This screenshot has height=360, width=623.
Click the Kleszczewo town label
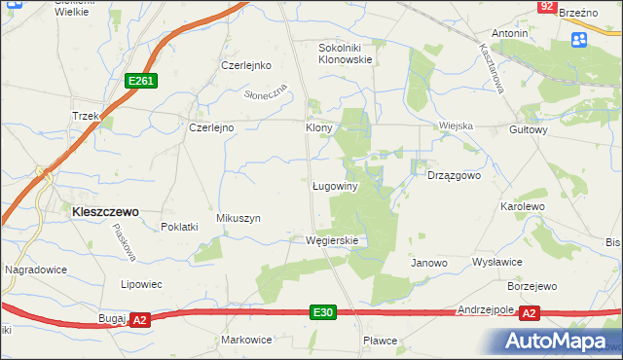click(x=103, y=210)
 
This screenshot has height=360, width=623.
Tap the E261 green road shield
click(x=141, y=82)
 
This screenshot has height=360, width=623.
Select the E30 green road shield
click(x=324, y=312)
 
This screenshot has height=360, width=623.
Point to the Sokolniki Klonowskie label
click(x=347, y=53)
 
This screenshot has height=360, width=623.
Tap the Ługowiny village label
click(x=337, y=185)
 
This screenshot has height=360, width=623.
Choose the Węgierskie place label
click(x=332, y=240)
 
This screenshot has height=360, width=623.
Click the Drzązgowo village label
click(x=455, y=176)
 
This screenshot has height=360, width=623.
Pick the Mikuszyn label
click(x=238, y=218)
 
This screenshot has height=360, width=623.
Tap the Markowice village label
click(x=246, y=340)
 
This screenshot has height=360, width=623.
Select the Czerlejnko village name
click(x=244, y=66)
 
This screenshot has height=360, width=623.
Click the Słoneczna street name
click(x=266, y=93)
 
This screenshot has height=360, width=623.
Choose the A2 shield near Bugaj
click(x=139, y=319)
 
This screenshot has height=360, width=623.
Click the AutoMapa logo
click(x=559, y=341)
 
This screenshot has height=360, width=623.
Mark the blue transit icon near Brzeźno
click(x=579, y=39)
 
